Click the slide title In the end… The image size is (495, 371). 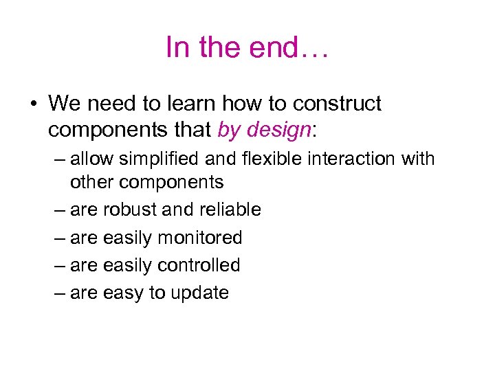[247, 47]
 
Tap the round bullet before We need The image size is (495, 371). [32, 104]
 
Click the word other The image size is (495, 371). [91, 182]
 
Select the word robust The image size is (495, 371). [131, 210]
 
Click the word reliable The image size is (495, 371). [230, 210]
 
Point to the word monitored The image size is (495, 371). [200, 238]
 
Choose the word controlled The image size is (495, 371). [199, 265]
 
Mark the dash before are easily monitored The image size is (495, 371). [58, 238]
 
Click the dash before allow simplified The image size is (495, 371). [58, 159]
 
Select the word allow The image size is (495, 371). [92, 159]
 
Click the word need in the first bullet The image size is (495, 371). [106, 104]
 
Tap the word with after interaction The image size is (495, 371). [419, 159]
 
